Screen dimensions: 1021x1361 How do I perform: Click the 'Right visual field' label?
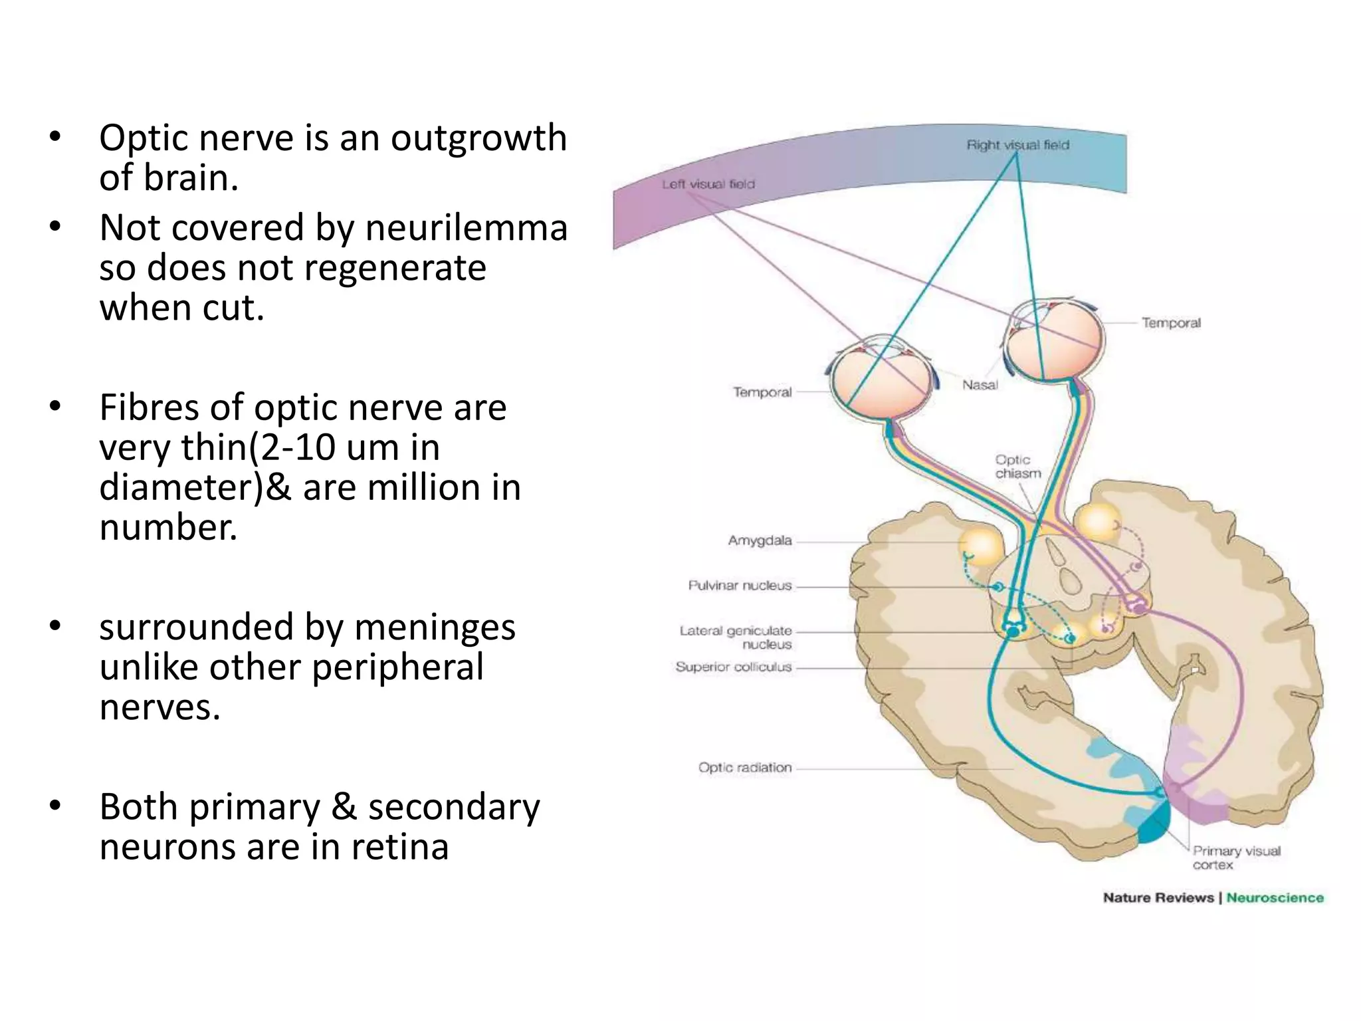(1017, 145)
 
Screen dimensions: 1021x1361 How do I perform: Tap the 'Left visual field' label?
(708, 184)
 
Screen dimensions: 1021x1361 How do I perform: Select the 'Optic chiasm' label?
(1017, 467)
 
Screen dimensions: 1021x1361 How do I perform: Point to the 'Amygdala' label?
(760, 540)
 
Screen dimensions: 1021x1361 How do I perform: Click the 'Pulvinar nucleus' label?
(740, 586)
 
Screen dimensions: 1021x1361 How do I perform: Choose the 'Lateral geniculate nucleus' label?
(736, 637)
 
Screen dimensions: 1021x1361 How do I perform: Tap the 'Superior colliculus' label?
(734, 667)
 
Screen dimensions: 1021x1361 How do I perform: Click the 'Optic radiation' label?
(745, 768)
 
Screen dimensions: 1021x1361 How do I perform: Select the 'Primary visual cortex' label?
(1236, 857)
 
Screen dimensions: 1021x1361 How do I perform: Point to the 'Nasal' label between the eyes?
(980, 385)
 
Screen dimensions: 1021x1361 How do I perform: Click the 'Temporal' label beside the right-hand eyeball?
(1171, 323)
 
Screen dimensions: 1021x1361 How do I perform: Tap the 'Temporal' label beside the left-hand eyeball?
(762, 392)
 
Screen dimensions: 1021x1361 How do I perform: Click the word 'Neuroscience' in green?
(1275, 898)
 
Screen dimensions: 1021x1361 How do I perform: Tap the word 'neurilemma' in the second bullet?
(467, 227)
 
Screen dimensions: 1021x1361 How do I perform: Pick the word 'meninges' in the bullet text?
(435, 627)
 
